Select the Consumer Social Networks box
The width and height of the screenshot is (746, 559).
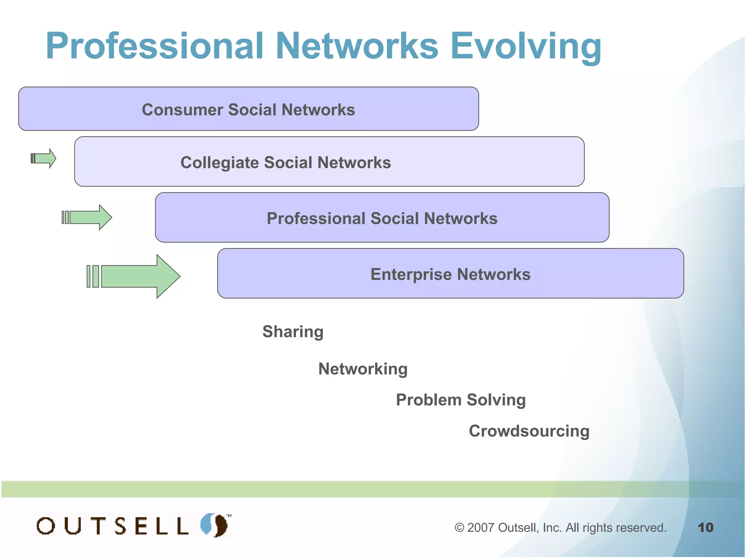click(248, 109)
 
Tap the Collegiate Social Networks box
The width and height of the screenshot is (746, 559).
click(329, 162)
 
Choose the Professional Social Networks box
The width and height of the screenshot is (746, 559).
click(382, 218)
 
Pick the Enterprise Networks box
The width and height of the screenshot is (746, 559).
click(450, 274)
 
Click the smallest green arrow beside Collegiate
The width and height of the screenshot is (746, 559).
click(44, 158)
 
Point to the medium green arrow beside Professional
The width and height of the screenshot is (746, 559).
click(87, 217)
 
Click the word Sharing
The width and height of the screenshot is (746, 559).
click(293, 332)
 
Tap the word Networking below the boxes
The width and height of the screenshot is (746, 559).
click(363, 369)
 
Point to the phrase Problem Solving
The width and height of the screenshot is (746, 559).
click(461, 400)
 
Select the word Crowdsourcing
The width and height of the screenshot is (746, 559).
click(529, 431)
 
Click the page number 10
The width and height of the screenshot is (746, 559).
click(705, 527)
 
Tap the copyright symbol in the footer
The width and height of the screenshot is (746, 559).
click(459, 527)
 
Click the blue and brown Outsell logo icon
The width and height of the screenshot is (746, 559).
click(215, 525)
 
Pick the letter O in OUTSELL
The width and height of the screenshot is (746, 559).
click(46, 526)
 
